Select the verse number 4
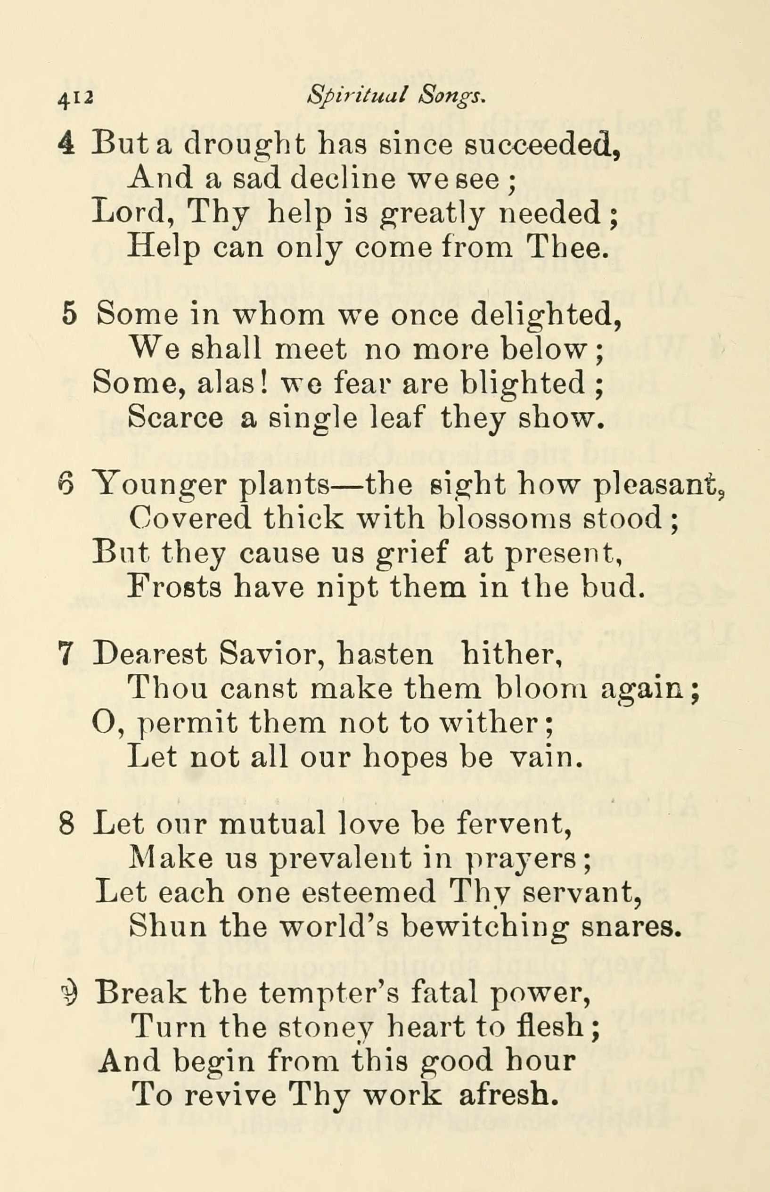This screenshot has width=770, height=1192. (x=66, y=144)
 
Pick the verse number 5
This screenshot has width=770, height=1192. (x=69, y=314)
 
